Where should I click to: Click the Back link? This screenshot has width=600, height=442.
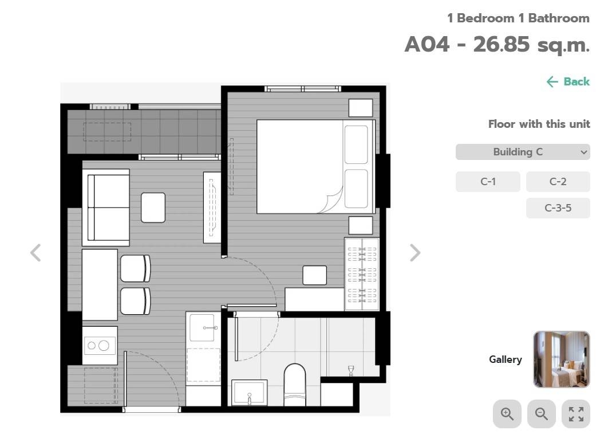[568, 81]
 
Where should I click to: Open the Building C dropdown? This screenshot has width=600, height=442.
[523, 152]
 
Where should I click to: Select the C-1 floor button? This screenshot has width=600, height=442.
[488, 182]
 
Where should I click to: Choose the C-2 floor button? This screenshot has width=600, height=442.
[558, 182]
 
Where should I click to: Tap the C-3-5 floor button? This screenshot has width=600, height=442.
[558, 208]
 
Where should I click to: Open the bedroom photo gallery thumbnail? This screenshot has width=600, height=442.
[561, 359]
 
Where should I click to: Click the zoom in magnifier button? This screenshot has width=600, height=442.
[507, 414]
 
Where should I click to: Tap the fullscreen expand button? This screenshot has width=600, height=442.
[576, 414]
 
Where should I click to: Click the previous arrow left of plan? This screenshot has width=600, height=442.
[35, 253]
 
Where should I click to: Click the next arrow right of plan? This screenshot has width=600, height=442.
[415, 253]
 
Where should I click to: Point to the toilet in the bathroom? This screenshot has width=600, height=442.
[295, 385]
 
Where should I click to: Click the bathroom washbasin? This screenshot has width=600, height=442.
[250, 393]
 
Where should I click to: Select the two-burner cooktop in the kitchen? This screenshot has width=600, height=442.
[100, 346]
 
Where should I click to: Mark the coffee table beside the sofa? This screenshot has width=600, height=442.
[153, 208]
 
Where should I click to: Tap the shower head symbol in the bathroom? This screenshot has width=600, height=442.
[351, 371]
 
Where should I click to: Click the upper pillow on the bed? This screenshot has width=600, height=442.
[356, 144]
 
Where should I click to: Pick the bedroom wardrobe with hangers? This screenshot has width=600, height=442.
[362, 274]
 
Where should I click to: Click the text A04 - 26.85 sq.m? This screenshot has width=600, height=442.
[497, 45]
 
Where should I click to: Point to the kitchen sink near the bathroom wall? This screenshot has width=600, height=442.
[202, 327]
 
